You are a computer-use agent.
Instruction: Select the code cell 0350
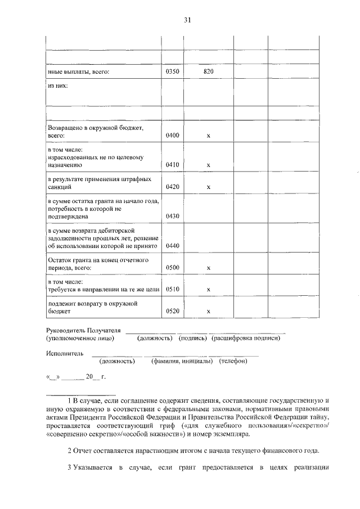click(x=172, y=72)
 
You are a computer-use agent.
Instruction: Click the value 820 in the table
click(x=208, y=72)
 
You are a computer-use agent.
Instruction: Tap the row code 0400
click(x=172, y=136)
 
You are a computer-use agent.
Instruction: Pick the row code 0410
click(x=172, y=165)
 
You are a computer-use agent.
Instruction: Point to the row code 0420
click(x=172, y=187)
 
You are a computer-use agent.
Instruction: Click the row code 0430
click(x=172, y=216)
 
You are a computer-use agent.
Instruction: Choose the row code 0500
click(x=172, y=268)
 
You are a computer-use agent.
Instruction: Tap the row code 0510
click(x=172, y=290)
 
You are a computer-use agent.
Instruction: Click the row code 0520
click(x=172, y=311)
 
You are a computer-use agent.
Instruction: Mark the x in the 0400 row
click(x=208, y=137)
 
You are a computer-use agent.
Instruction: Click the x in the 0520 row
click(x=208, y=312)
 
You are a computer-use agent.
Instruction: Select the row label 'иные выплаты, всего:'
click(x=78, y=72)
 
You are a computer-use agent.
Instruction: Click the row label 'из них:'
click(x=57, y=86)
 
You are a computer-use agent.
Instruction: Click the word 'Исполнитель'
click(x=65, y=353)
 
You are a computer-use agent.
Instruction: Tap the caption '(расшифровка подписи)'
click(x=245, y=338)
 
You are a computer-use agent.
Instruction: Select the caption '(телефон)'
click(x=233, y=361)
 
